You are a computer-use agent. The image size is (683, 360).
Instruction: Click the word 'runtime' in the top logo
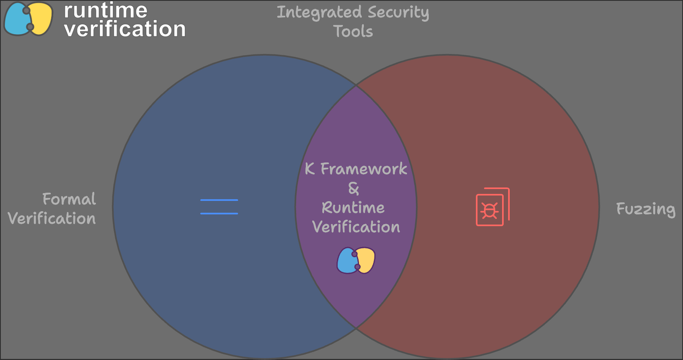[x=106, y=10]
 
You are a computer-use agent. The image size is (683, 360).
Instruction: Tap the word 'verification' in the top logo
[x=125, y=29]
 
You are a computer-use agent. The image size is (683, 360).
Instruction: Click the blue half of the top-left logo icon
[x=17, y=19]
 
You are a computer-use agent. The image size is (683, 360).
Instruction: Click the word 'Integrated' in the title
[x=319, y=13]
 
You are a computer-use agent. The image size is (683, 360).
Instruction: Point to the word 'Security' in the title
[x=399, y=13]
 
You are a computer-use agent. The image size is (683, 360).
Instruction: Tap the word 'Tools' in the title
[x=353, y=31]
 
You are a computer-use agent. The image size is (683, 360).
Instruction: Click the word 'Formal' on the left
[x=69, y=199]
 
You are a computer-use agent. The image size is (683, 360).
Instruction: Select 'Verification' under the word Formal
[x=52, y=218]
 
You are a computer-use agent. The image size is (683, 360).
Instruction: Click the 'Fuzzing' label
[x=646, y=209]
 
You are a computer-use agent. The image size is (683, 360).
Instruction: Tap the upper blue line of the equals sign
[x=219, y=200]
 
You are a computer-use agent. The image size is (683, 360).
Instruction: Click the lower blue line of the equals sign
[x=219, y=214]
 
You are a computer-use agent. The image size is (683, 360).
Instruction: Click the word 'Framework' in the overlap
[x=364, y=169]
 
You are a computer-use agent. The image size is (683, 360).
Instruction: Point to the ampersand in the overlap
[x=354, y=188]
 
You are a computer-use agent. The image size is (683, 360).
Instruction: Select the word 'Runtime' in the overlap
[x=353, y=208]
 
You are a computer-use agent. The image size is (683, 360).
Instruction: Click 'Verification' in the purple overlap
[x=356, y=227]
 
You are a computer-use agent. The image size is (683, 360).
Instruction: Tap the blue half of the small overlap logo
[x=347, y=261]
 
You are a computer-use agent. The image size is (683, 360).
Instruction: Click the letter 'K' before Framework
[x=310, y=169]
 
